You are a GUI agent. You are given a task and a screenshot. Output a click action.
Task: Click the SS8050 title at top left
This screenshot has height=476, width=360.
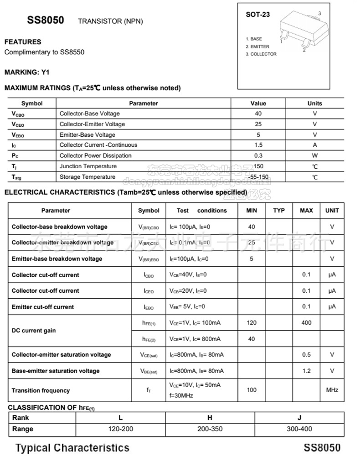(x=46, y=20)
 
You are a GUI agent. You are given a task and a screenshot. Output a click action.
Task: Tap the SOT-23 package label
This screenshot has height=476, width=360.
(x=258, y=15)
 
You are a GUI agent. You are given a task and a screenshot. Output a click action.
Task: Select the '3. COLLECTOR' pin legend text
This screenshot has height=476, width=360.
(x=261, y=54)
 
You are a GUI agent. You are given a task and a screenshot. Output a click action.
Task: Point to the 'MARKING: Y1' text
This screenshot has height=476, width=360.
(x=27, y=72)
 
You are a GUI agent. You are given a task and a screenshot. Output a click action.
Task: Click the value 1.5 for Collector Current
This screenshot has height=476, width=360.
(x=258, y=145)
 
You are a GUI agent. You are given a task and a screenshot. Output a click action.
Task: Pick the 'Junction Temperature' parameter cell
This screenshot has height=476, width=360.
(x=88, y=166)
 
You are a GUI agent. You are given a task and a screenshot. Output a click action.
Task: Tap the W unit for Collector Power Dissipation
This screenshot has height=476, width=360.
(x=314, y=155)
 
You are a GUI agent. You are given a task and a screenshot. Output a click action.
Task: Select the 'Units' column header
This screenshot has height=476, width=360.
(x=314, y=103)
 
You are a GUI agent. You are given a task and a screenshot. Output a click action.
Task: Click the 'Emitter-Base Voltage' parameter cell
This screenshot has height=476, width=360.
(x=87, y=135)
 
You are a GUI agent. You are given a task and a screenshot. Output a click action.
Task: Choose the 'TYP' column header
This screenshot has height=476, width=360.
(x=279, y=211)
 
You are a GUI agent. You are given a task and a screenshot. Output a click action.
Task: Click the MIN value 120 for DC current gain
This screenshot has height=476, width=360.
(x=252, y=323)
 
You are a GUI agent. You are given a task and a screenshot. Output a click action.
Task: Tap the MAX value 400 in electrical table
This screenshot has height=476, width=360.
(x=307, y=323)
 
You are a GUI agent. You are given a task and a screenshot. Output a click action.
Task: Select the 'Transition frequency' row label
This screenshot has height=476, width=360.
(x=41, y=391)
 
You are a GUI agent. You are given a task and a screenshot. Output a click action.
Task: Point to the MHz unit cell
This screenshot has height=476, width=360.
(x=332, y=390)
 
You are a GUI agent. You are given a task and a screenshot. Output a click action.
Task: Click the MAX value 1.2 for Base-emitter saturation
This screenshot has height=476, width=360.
(x=307, y=371)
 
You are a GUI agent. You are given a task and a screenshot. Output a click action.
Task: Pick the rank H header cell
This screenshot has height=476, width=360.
(x=210, y=418)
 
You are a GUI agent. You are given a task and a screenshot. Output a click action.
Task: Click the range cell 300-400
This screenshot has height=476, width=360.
(x=299, y=429)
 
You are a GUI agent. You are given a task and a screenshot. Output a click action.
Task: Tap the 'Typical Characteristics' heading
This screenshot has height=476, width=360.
(x=72, y=448)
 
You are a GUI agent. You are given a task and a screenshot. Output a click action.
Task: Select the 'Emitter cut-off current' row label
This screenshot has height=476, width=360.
(x=43, y=307)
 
